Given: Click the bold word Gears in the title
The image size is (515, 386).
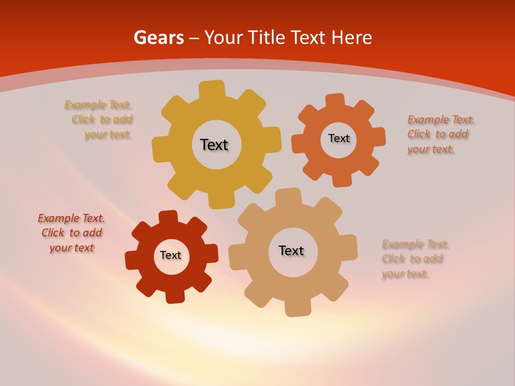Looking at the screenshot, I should coord(158,38).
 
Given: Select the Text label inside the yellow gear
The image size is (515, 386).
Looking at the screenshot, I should coord(214,145).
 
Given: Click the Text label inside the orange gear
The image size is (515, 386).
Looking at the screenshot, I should coord(339,138).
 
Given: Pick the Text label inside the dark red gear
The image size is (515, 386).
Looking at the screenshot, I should coord(171,255).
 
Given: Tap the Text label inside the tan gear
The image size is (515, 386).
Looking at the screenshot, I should coord(291,250).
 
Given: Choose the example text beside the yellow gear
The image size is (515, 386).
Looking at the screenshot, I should coord(100,120).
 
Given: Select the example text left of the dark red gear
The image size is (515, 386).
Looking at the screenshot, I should coord(71,233).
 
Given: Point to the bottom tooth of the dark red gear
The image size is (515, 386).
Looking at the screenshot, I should coord(174,295).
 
